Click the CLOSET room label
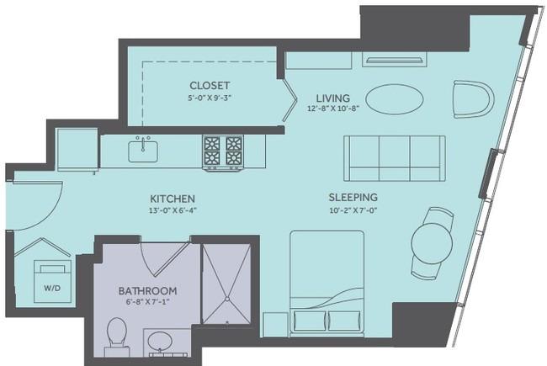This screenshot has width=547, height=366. coord(210,86)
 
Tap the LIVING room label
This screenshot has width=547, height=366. coord(332,98)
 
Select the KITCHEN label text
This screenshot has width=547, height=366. coord(173,199)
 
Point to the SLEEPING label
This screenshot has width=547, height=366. coord(353,197)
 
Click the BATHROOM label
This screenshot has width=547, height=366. coord(147,290)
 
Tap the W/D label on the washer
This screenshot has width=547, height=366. coord(52,289)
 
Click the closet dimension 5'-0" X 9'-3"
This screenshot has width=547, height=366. coord(210,98)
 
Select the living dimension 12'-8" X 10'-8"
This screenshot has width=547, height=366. coord(333,109)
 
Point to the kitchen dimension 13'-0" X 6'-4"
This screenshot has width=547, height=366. coord(172,210)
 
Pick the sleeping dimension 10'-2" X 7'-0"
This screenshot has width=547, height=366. coord(353,210)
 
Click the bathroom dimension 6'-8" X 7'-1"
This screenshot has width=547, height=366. coord(147,302)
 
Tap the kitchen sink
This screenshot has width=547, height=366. coord(143,151)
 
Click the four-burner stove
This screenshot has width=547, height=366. coord(223,152)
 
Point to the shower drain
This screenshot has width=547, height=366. coord(227,299)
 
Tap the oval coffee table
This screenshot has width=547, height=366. coord(395,98)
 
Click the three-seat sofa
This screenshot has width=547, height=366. coord(395,158)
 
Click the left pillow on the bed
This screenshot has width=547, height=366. coord(310,321)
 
